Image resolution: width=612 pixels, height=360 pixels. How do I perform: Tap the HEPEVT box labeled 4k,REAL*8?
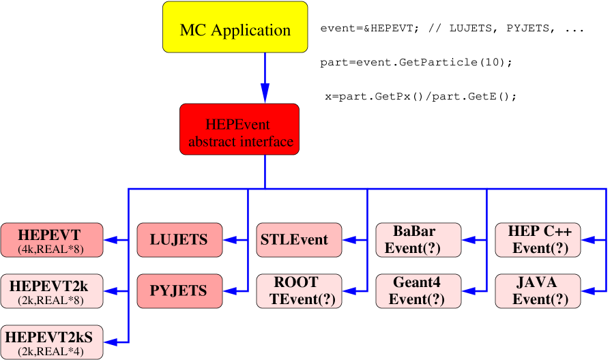point(51,240)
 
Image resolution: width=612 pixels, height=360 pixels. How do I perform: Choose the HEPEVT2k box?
point(51,291)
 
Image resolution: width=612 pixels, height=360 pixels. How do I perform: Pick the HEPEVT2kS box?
point(51,342)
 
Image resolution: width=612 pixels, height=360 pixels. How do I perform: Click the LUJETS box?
point(179,240)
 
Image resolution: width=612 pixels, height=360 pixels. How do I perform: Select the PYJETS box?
point(179,291)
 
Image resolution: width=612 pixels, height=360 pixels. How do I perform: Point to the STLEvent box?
point(298,240)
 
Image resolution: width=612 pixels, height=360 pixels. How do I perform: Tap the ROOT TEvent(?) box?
point(298,291)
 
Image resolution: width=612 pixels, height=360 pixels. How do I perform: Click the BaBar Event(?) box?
point(418,240)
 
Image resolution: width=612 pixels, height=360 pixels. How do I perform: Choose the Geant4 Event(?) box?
point(418,291)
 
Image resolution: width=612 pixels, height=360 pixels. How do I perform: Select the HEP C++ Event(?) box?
point(537,240)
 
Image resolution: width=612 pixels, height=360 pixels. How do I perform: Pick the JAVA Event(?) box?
point(537,291)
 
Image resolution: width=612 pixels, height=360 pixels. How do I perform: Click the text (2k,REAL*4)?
point(51,350)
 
